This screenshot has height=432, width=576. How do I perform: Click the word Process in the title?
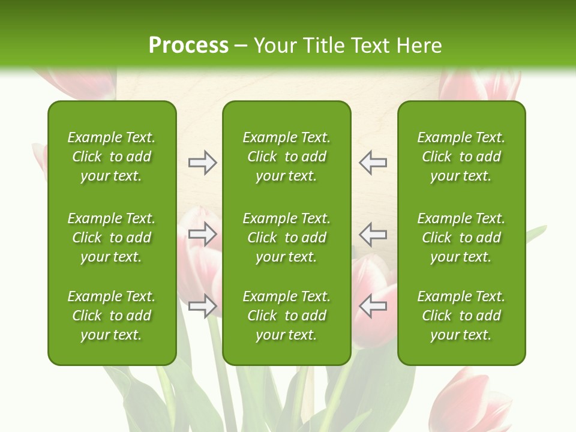[x=188, y=46]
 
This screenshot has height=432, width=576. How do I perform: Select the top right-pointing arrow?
[x=202, y=163]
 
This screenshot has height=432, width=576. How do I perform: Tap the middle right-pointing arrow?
[x=202, y=235]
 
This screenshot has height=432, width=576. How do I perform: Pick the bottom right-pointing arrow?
[x=202, y=306]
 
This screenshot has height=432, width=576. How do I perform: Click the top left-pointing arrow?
[x=373, y=163]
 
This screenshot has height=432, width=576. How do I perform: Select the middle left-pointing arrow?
[x=373, y=235]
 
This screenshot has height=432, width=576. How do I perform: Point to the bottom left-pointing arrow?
[x=373, y=306]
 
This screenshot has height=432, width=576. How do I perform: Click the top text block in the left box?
[x=112, y=157]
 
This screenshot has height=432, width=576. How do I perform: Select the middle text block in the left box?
[x=112, y=238]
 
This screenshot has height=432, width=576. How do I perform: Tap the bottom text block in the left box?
[x=112, y=316]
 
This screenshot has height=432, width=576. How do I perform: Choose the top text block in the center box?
[x=286, y=157]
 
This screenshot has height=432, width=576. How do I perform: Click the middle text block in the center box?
[x=286, y=238]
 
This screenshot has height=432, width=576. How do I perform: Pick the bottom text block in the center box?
[x=286, y=316]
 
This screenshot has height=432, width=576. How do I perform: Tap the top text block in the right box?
[x=461, y=157]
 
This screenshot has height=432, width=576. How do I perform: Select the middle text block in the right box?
[x=461, y=238]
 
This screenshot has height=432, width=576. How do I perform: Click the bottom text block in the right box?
[x=461, y=316]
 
